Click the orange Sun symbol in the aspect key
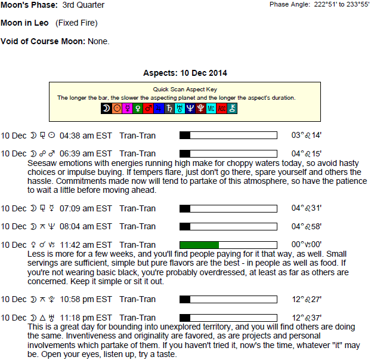117,109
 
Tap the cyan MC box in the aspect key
211,109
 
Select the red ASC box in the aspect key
221,109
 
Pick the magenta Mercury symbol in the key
128,109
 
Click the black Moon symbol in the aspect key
106,109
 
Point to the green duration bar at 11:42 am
199,245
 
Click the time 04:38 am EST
86,136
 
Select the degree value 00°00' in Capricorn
307,244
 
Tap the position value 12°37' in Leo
307,318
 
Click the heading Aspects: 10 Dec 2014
185,73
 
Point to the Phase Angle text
319,5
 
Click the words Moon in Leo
24,23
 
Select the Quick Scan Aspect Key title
185,90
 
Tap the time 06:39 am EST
86,153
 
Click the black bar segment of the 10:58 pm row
185,299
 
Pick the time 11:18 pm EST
86,318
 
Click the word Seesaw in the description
42,164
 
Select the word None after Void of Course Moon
98,41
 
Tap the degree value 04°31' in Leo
307,208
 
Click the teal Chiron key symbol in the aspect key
232,109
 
